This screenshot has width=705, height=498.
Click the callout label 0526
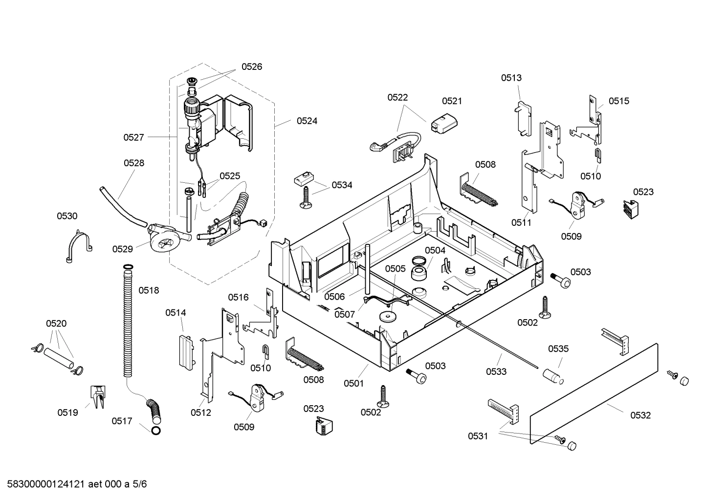tap(251, 66)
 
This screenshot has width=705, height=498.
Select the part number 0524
tap(307, 121)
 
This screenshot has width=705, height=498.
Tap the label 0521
tap(452, 101)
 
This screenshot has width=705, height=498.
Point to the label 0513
tap(511, 78)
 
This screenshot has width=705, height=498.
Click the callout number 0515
tap(618, 101)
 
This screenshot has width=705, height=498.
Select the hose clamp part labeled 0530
tap(78, 245)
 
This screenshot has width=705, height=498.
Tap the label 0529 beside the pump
tap(122, 249)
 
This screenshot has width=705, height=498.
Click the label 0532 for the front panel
tap(640, 415)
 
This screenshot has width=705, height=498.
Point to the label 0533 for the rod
tap(496, 371)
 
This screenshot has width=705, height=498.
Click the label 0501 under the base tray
tap(353, 383)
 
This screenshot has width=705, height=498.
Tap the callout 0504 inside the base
tap(435, 250)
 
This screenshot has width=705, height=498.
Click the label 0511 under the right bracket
tap(521, 222)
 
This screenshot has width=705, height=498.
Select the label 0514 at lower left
tap(176, 312)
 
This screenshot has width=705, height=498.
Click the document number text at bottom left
tap(74, 484)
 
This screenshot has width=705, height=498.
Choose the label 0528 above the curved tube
tap(133, 163)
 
